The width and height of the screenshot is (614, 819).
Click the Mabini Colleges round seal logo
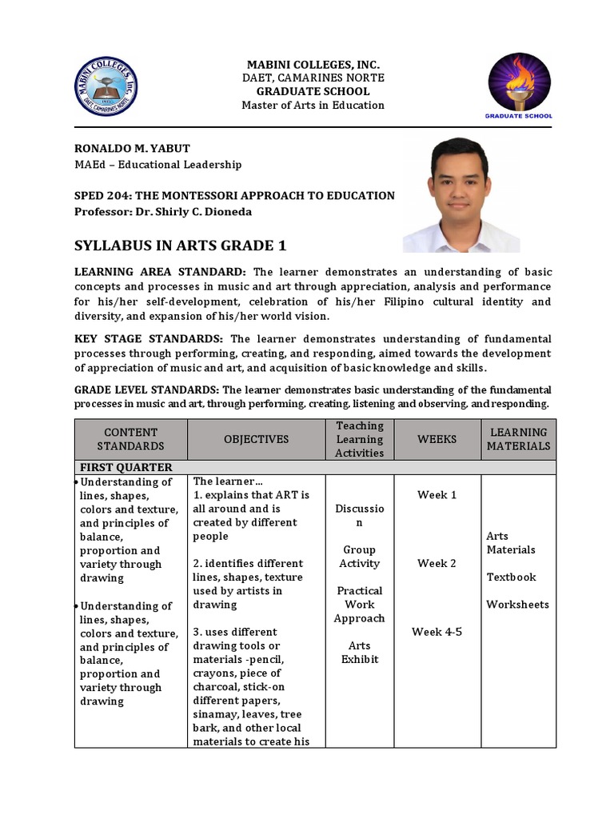[x=106, y=87]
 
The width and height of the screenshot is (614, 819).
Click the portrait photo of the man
[x=461, y=195]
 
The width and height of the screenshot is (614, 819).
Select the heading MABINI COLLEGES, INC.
[x=313, y=64]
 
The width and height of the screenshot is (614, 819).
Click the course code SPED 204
[x=107, y=195]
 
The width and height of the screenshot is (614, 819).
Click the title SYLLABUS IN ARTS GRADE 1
[x=180, y=245]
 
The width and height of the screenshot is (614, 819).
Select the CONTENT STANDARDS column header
[x=130, y=439]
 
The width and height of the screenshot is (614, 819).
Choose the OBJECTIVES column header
[x=256, y=439]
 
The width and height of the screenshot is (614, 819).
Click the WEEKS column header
[x=437, y=439]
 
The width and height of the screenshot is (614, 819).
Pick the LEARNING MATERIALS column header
[x=518, y=439]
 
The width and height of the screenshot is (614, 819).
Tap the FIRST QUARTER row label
[x=126, y=467]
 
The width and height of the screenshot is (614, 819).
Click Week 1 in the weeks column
[x=437, y=495]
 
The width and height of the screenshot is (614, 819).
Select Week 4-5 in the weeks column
[x=437, y=632]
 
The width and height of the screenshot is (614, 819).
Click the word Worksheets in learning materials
[x=517, y=604]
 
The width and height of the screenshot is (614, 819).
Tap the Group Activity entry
[x=359, y=557]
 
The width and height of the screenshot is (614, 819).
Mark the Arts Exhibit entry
[x=359, y=653]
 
